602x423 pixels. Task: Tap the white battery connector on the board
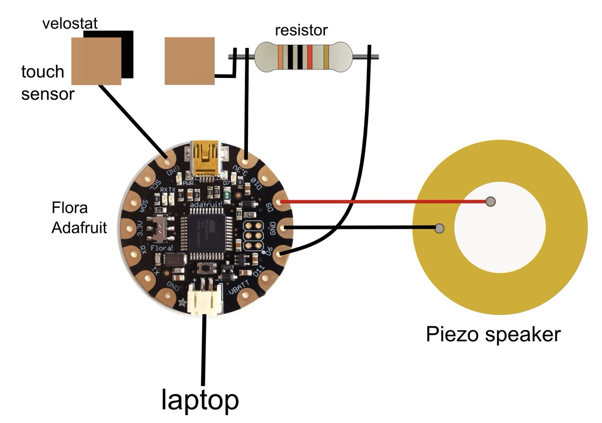[205, 301]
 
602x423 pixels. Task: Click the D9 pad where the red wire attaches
[281, 202]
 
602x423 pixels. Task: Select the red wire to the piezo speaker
[386, 202]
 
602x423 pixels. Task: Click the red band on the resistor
[309, 56]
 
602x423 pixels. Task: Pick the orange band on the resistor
[281, 56]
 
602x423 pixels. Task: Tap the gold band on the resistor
[326, 56]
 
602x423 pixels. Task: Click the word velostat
[70, 24]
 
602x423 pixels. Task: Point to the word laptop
[200, 400]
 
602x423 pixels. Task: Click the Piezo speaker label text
[493, 335]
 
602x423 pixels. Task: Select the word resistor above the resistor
[301, 31]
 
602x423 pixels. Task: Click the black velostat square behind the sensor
[127, 54]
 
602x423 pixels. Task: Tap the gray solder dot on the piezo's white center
[491, 202]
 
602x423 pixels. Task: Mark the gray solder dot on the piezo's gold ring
[440, 229]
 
